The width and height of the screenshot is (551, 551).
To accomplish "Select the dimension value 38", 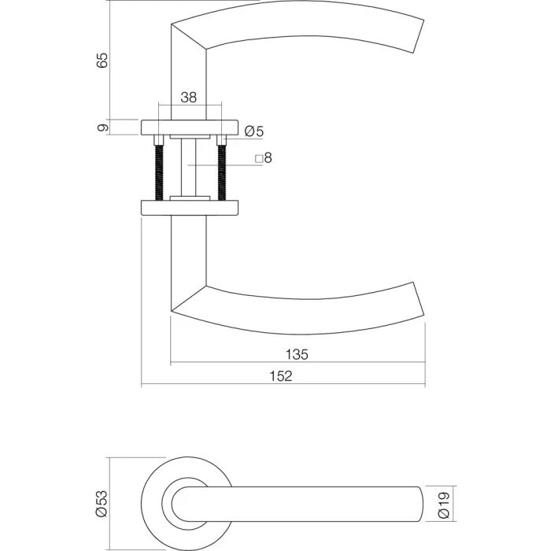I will coord(189,98).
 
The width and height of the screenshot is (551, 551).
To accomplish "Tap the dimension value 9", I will coord(102,127).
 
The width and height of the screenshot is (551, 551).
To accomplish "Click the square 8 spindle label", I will coord(264,158).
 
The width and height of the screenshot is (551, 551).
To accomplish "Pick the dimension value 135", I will coord(297,354).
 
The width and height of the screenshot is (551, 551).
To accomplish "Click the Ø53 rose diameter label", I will coord(101,502).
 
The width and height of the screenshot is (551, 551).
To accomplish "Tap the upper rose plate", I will coord(190,127).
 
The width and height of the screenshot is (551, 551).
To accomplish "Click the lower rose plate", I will coord(190,207).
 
